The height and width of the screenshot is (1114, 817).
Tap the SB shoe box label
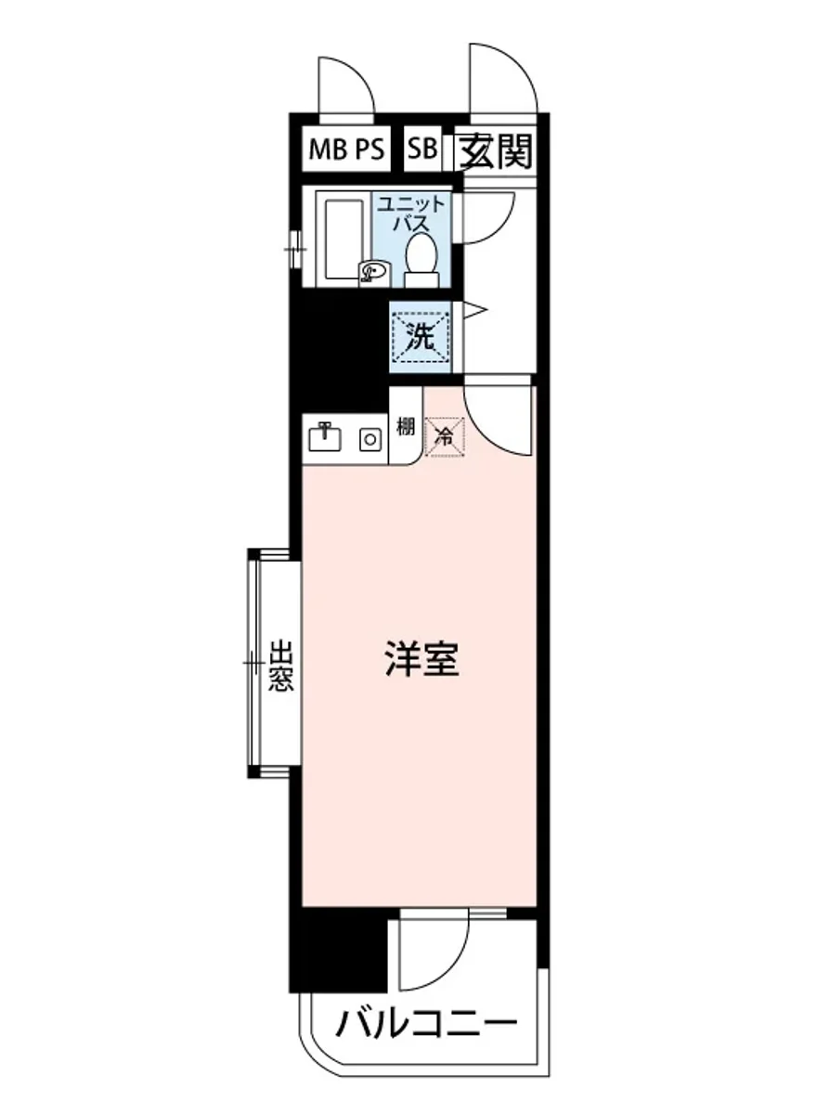(x=423, y=151)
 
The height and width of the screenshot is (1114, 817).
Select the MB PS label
(x=346, y=151)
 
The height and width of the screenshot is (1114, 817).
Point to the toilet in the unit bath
(x=422, y=258)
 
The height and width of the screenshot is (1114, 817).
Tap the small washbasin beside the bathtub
(x=374, y=272)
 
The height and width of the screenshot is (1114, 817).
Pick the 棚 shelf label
(x=406, y=427)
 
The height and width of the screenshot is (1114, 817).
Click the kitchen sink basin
(x=325, y=437)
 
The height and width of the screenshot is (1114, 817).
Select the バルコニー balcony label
(x=424, y=1025)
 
